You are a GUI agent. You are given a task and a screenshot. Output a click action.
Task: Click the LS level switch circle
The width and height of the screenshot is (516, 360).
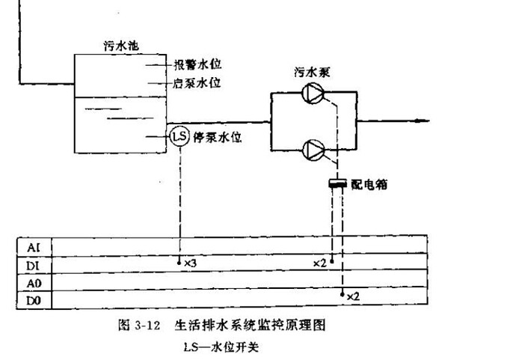(x=179, y=136)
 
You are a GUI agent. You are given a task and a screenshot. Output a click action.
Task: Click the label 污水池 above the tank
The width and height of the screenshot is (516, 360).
(x=120, y=46)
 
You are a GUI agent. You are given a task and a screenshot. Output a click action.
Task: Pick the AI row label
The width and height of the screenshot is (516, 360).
(x=34, y=247)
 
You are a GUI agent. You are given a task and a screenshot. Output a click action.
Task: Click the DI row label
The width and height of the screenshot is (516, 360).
(x=34, y=264)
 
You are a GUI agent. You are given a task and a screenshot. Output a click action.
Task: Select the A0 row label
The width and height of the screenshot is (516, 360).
(x=34, y=283)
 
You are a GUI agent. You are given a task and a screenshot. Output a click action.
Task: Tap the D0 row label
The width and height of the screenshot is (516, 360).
(x=34, y=301)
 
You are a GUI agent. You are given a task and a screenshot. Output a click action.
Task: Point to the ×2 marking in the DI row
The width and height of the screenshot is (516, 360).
(x=319, y=263)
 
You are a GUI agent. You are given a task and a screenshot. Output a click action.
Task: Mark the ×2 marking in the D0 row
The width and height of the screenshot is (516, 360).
(x=353, y=297)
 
